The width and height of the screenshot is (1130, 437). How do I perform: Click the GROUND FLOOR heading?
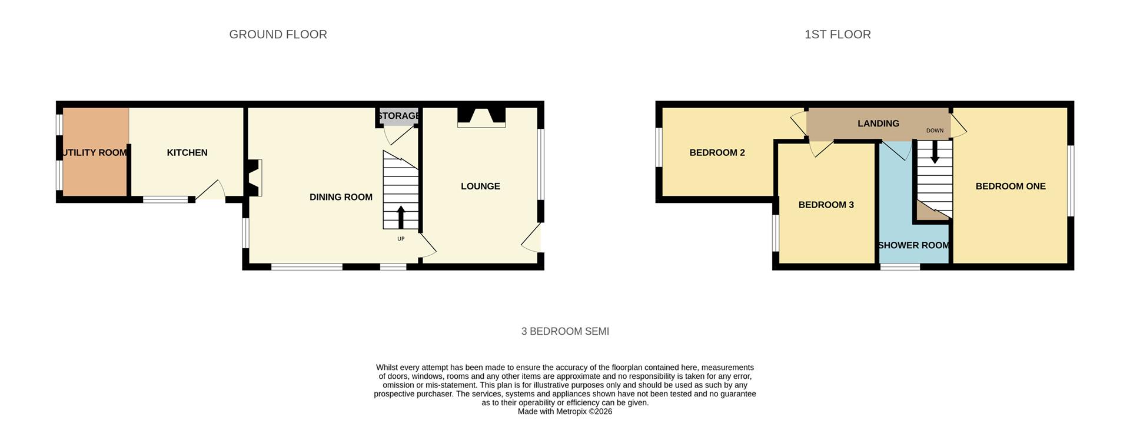tap(278, 35)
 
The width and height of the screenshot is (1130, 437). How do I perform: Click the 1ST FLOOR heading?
tap(837, 35)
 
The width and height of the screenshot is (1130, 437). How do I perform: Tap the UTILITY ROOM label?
tap(94, 153)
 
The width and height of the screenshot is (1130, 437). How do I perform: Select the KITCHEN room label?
tap(187, 153)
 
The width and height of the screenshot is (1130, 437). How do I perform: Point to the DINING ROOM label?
tap(341, 197)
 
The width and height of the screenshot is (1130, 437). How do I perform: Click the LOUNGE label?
tap(480, 186)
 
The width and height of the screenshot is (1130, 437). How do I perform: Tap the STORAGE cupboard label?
tap(398, 116)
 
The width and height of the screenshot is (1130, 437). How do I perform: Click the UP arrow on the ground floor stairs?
tap(401, 217)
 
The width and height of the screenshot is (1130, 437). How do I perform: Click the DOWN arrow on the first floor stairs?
tap(935, 154)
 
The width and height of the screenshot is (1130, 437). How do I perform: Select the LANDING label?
tap(878, 124)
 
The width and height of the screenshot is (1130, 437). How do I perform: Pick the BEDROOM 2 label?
tap(717, 153)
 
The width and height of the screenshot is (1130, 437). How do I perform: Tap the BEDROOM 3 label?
tap(826, 205)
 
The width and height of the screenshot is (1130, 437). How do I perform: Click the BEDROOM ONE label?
tap(1011, 186)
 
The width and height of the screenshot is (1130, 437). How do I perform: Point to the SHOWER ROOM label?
tap(913, 245)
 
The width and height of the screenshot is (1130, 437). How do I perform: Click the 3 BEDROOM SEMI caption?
tap(565, 332)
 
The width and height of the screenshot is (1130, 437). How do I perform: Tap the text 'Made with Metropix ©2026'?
tap(565, 412)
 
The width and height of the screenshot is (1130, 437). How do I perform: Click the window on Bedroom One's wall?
tap(1071, 181)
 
